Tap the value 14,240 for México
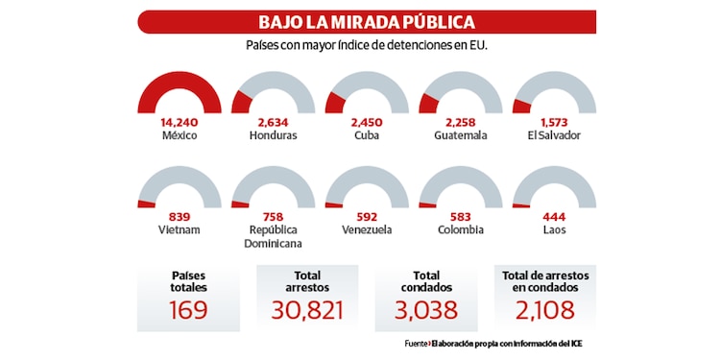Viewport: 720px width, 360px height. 180,122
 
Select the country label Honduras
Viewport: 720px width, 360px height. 273,135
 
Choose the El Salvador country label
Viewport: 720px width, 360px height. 555,135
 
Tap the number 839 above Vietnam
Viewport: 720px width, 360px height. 180,216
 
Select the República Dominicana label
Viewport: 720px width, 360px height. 274,236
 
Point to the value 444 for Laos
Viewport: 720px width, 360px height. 555,216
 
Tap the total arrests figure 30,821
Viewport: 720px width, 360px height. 308,310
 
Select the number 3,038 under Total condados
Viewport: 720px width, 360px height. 425,310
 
